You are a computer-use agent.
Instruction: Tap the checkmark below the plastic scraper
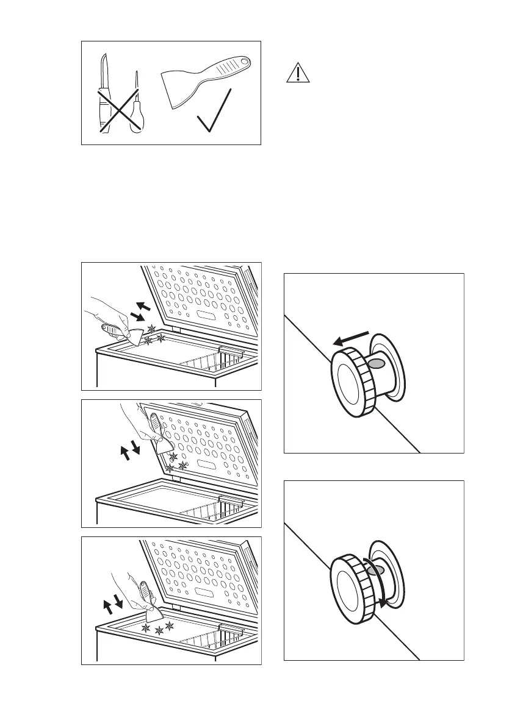pyautogui.click(x=214, y=113)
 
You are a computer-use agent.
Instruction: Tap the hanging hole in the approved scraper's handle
pyautogui.click(x=244, y=62)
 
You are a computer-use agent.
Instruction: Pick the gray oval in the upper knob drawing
pyautogui.click(x=378, y=363)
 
